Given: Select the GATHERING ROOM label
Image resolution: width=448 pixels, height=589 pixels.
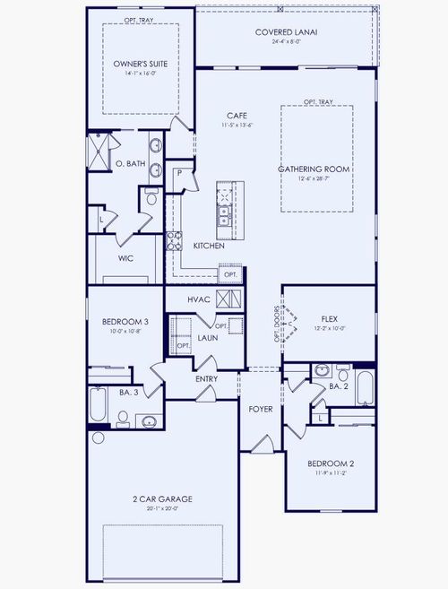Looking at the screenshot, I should (314, 169).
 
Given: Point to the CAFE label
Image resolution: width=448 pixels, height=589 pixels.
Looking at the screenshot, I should (237, 116).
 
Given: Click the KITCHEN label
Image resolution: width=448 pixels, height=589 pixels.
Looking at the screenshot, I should (208, 245).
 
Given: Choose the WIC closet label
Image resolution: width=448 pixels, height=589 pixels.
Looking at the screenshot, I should (126, 258).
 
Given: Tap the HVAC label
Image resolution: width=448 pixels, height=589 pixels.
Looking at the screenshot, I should (198, 299).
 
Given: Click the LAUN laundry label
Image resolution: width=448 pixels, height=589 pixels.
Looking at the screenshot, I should (208, 337).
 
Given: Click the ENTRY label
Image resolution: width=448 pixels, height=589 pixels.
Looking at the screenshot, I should (208, 379).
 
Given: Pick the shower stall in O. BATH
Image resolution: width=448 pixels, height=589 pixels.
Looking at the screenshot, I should (96, 148).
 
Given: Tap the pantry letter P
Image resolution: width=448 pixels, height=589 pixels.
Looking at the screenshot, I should (180, 172).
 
